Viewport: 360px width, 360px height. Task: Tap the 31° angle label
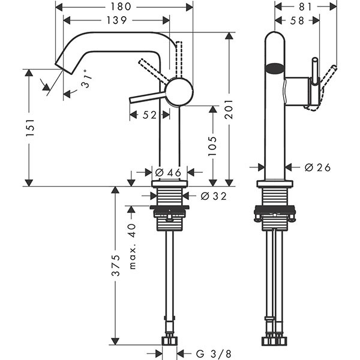coord(88,83)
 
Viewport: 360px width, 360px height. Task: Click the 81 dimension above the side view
coord(305,7)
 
